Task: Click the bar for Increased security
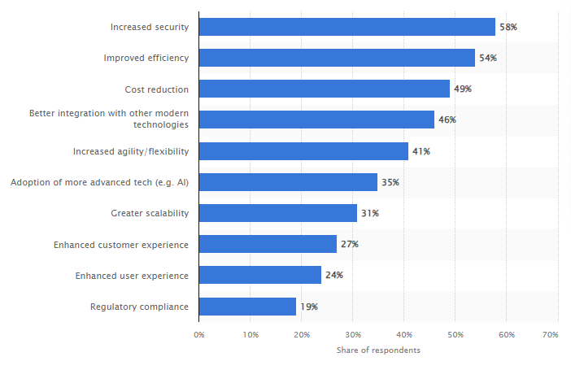(x=347, y=27)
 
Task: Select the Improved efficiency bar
(x=337, y=58)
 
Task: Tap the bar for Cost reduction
(x=325, y=89)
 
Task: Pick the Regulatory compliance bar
(x=247, y=307)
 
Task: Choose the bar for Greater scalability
(x=278, y=213)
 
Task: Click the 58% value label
(x=508, y=27)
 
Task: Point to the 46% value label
(x=447, y=120)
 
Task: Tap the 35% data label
(x=390, y=182)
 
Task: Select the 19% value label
(x=308, y=307)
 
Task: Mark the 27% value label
(x=349, y=244)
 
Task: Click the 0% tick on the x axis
(x=199, y=334)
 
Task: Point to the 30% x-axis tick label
(x=352, y=334)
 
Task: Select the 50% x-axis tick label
(x=455, y=334)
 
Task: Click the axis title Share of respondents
(x=378, y=350)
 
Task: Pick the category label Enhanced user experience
(x=132, y=276)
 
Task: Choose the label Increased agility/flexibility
(x=130, y=151)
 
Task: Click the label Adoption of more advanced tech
(x=99, y=182)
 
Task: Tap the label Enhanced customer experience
(x=121, y=244)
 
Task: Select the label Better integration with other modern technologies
(x=109, y=119)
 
